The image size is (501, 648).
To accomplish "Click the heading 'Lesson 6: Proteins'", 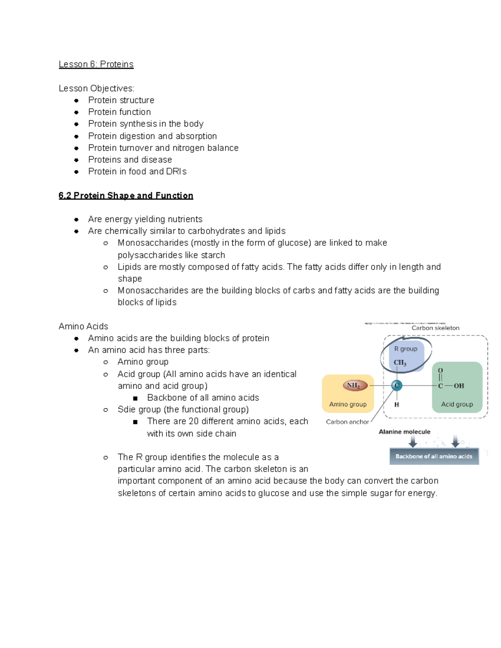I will (x=96, y=64).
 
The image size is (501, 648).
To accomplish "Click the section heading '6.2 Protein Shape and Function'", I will (x=126, y=196).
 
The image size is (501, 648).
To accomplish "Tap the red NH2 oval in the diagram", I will (x=354, y=386).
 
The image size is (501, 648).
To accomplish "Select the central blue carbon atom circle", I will (x=397, y=386).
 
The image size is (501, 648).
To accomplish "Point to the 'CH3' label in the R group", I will (x=400, y=363).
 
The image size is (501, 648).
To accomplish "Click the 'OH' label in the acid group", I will (x=459, y=386).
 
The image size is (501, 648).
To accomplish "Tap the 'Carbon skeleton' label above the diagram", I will (x=435, y=328).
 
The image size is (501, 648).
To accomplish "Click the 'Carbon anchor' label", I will (x=347, y=422).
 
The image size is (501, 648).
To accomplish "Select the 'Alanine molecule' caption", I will (x=404, y=432).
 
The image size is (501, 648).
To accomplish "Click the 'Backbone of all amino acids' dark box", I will (x=434, y=456).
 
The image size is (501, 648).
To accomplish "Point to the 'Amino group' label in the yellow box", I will (x=348, y=404).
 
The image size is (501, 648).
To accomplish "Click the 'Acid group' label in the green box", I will (x=457, y=404).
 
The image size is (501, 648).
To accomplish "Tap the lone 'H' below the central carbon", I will (x=397, y=404).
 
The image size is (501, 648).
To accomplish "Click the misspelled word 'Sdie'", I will (x=127, y=410).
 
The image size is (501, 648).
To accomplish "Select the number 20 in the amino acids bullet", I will (x=194, y=421).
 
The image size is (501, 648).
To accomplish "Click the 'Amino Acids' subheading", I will (x=83, y=326).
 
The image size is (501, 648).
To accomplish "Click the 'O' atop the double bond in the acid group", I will (x=440, y=371).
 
